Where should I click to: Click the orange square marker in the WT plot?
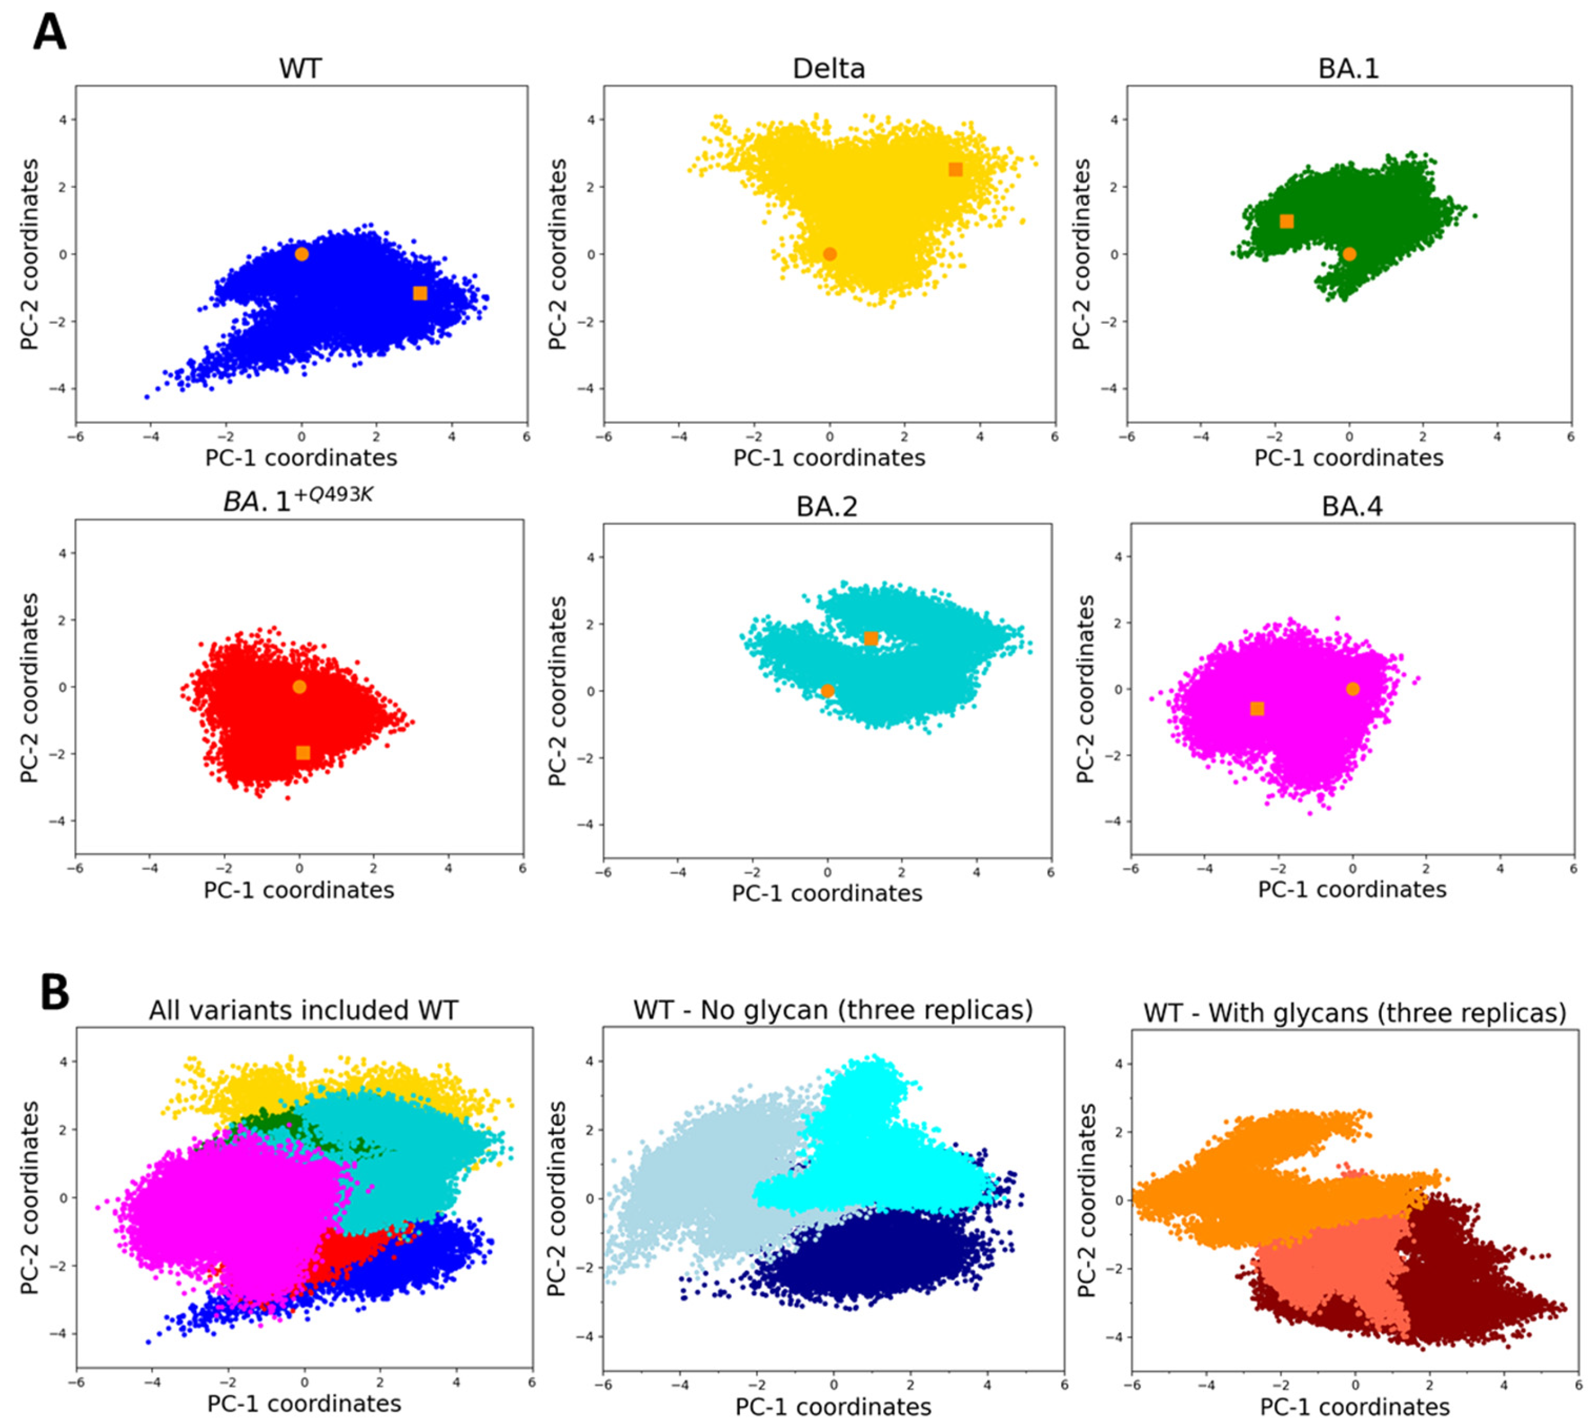[420, 293]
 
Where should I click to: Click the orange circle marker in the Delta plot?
[830, 254]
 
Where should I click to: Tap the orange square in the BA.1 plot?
[1286, 222]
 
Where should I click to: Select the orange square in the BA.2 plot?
[870, 639]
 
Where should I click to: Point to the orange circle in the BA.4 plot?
[1353, 689]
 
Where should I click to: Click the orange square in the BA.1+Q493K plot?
[303, 753]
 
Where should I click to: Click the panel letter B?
[54, 992]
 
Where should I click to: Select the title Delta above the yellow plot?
[829, 69]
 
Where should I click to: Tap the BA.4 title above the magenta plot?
[1352, 506]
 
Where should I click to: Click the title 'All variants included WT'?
[304, 1010]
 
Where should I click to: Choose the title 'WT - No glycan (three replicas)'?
[833, 1010]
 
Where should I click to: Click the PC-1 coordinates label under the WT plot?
[301, 458]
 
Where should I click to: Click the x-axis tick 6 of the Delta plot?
[1055, 437]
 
